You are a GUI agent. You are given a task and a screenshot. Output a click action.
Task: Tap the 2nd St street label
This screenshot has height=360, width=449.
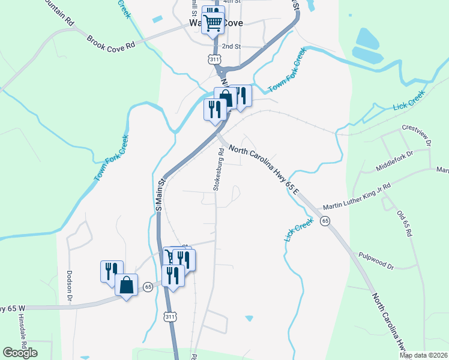(x=231, y=46)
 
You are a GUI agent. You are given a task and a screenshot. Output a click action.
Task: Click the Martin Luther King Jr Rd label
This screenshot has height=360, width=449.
(x=357, y=197)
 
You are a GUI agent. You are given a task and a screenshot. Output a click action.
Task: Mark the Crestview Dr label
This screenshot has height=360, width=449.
(x=417, y=136)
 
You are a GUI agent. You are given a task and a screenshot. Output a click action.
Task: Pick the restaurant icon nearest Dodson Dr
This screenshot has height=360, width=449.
(x=112, y=271)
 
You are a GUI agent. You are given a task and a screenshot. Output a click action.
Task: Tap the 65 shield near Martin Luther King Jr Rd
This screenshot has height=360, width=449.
(x=325, y=221)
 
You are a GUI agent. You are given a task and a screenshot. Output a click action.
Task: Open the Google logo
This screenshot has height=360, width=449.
(x=20, y=353)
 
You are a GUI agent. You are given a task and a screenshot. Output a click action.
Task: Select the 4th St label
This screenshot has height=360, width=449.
(x=232, y=2)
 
